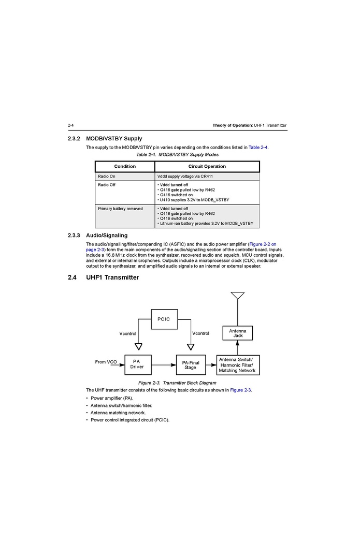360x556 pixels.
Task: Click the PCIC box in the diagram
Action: click(164, 319)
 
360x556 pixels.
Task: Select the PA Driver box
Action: click(137, 364)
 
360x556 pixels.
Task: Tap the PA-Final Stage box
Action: click(190, 365)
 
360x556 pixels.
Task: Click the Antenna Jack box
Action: click(238, 333)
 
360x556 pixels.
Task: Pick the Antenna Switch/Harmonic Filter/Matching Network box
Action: click(237, 365)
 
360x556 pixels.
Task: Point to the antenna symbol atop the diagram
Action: click(238, 296)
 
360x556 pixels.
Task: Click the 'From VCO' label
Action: click(106, 362)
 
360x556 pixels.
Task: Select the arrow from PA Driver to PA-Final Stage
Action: click(163, 365)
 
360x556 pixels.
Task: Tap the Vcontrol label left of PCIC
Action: click(128, 333)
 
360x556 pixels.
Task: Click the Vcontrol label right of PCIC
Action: click(200, 333)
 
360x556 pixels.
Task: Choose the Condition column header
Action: click(125, 166)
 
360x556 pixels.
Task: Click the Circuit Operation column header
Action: click(207, 166)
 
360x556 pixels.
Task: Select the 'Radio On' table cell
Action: click(107, 177)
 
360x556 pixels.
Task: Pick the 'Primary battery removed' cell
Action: click(120, 209)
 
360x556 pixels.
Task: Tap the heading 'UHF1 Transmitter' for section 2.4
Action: click(112, 277)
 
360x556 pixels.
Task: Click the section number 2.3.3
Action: click(75, 236)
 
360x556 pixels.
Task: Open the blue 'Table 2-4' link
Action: click(258, 148)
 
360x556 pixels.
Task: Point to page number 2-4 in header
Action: click(71, 125)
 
